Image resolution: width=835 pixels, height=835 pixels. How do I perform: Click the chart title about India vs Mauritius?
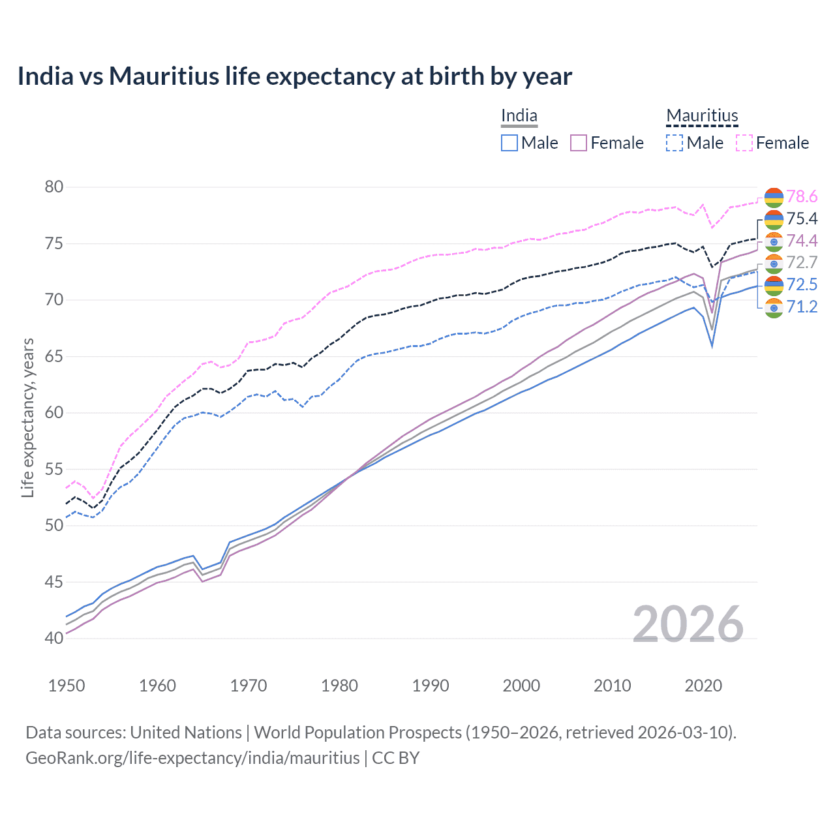click(294, 76)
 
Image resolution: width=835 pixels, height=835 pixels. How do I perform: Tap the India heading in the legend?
click(519, 116)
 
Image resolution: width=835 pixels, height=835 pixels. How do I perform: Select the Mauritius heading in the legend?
click(702, 116)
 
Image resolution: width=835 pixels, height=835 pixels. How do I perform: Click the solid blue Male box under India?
click(509, 143)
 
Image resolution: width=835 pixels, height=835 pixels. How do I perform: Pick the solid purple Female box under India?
click(579, 143)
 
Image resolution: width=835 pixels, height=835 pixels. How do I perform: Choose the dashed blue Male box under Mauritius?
click(675, 143)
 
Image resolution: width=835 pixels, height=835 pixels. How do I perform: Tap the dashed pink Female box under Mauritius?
click(744, 143)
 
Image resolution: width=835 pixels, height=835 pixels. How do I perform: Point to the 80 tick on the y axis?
click(54, 187)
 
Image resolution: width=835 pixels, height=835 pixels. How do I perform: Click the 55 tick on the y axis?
click(54, 469)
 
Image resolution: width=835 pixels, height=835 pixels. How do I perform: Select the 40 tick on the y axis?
click(54, 638)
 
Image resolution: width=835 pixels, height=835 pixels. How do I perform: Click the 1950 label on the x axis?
click(67, 686)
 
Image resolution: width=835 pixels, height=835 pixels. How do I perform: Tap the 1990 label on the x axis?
click(431, 686)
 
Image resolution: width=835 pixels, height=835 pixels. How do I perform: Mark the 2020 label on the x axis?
click(703, 686)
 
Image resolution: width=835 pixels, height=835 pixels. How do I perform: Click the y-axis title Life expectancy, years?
click(27, 417)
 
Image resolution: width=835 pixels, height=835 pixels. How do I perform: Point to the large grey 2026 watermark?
click(688, 624)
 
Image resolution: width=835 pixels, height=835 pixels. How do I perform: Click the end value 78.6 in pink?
click(802, 197)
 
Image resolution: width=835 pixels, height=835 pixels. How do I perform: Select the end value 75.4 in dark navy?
click(802, 219)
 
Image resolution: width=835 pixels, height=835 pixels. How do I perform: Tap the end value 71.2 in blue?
click(802, 307)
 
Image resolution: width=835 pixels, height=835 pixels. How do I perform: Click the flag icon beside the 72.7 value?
click(774, 263)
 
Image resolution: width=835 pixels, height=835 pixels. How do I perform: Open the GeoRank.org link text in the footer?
click(192, 758)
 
